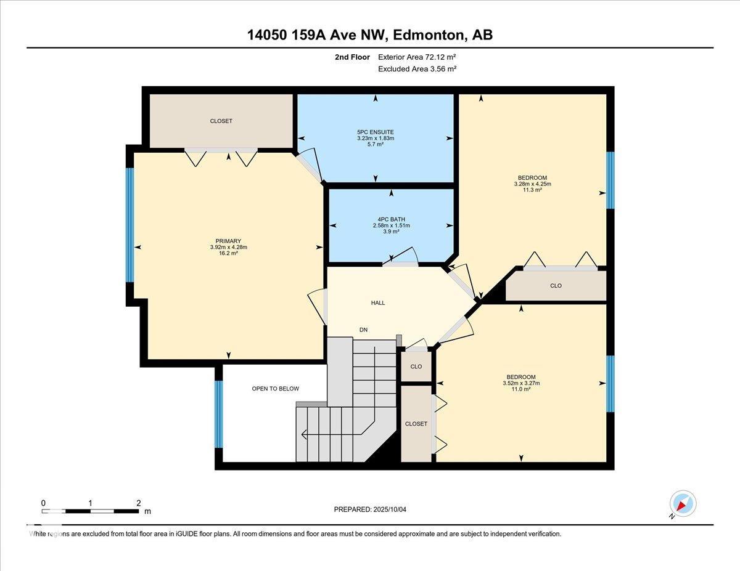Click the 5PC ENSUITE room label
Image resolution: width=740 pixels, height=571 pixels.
pos(376,132)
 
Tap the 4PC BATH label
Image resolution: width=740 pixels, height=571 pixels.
pos(392,219)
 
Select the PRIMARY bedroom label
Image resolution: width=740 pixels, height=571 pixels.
pos(228,241)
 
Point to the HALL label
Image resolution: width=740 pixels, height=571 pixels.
pos(378,302)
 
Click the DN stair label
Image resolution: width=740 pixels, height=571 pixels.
pos(364,330)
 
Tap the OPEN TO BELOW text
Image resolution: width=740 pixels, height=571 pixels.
pos(276,389)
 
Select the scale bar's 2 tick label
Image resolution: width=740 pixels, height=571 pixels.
pos(139,503)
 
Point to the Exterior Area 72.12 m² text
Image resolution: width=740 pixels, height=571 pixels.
pos(417,57)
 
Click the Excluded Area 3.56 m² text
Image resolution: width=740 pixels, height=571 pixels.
pos(417,69)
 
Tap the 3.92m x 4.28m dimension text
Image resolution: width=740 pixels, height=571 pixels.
pos(229,247)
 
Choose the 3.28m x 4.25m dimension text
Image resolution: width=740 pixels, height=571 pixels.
pos(533,184)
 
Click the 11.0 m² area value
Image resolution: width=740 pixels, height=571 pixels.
pos(521,389)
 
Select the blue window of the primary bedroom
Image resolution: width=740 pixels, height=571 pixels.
pos(129,225)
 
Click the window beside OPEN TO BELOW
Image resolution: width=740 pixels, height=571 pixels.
pos(219,414)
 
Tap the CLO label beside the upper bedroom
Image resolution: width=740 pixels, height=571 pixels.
pos(556,286)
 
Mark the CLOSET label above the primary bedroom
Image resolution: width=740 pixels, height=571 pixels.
pos(221,121)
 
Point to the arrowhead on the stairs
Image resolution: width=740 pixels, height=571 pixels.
pos(305,434)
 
